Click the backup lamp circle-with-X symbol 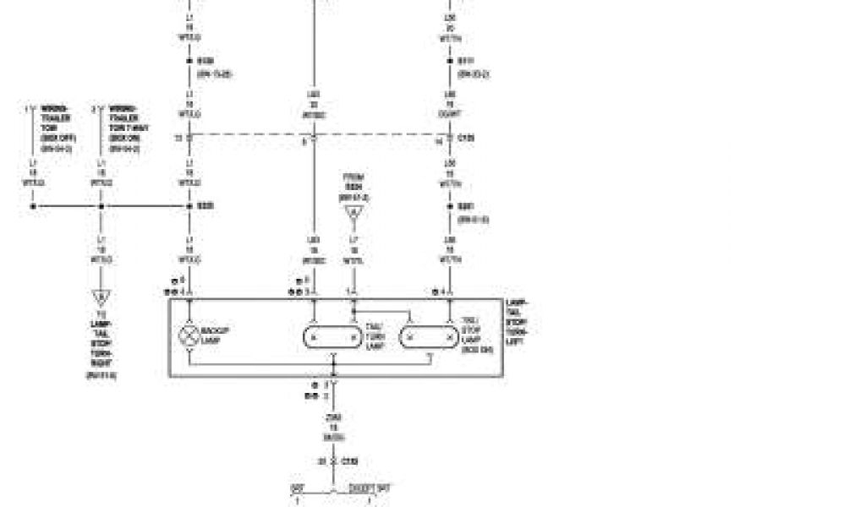tap(187, 336)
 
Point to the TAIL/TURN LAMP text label tap(375, 336)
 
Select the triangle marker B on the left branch tap(101, 297)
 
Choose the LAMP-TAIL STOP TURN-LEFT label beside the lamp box tap(517, 321)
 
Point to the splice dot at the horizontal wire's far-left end tap(33, 205)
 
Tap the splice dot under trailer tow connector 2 tap(101, 205)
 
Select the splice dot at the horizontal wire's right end tap(189, 205)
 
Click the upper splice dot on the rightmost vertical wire tap(450, 61)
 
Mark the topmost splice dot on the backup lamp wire tap(189, 61)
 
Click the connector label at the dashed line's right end tap(465, 137)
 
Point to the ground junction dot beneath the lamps tap(333, 375)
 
